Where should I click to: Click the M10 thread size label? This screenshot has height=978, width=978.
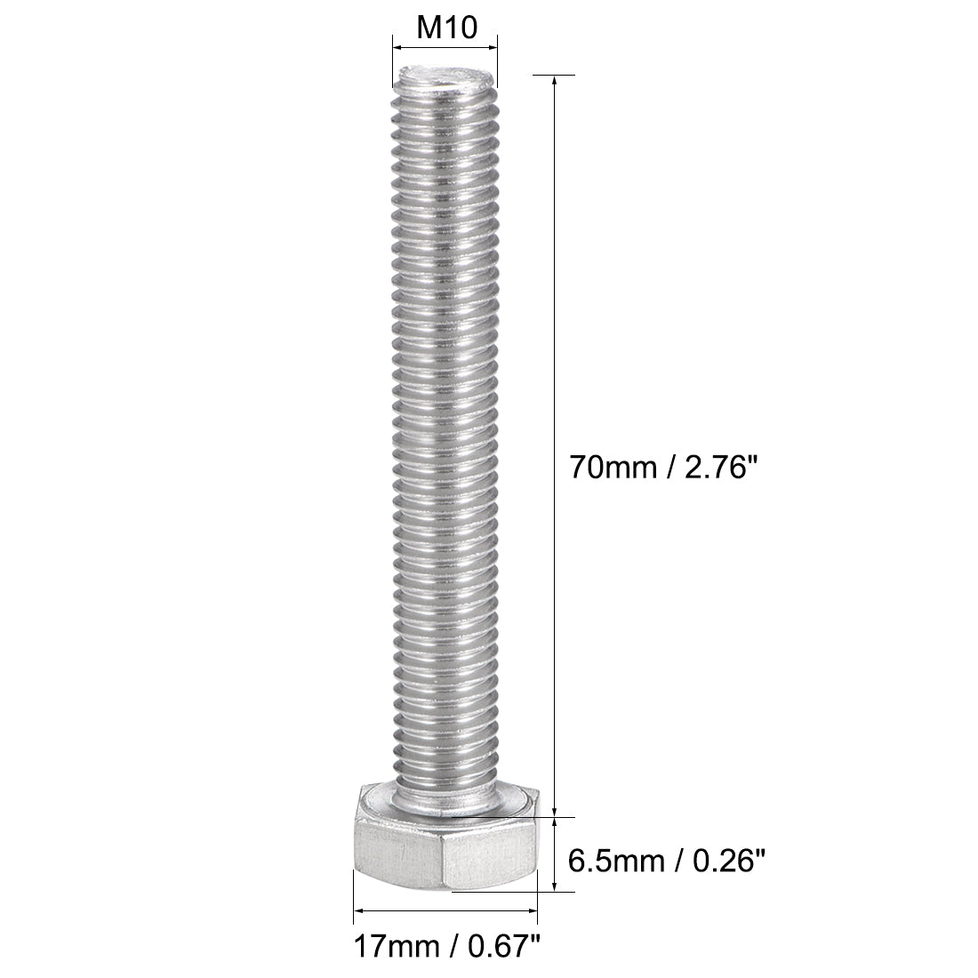[x=444, y=28]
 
